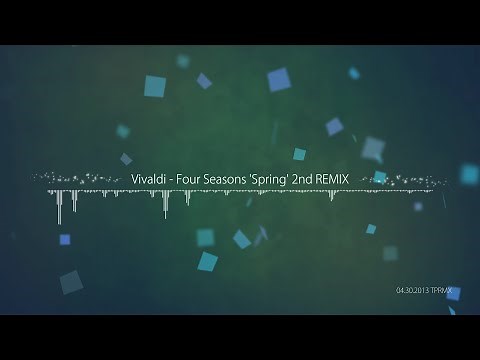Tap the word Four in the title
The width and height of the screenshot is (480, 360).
191,178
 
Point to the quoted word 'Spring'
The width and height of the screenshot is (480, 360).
283,178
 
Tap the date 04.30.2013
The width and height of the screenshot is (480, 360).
415,291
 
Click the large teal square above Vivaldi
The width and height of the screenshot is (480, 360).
154,86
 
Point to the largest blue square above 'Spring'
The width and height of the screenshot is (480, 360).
279,79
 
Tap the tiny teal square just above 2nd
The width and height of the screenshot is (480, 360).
299,154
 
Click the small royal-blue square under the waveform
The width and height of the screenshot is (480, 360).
65,239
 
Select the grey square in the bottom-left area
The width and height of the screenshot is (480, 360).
70,283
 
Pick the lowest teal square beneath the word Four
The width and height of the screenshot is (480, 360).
207,262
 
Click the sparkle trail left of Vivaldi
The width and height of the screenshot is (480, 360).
80,177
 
